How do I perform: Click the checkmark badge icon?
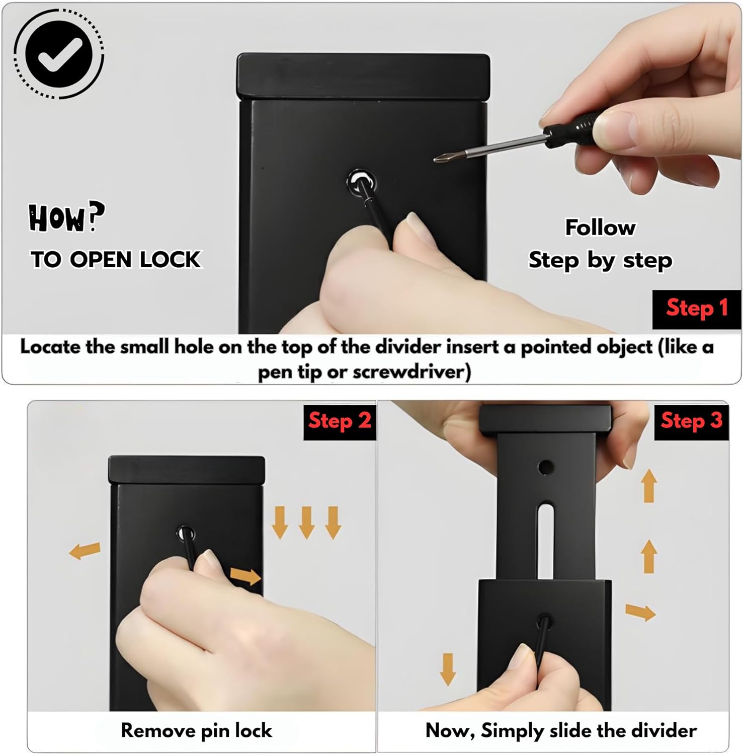(x=59, y=54)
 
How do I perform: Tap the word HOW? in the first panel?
(x=66, y=217)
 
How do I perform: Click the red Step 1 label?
(x=697, y=308)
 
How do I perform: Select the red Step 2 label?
(x=340, y=420)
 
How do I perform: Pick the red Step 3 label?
(x=691, y=420)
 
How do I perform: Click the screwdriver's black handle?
(x=571, y=129)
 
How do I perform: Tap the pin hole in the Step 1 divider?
(x=361, y=182)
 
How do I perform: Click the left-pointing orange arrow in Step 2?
(x=85, y=551)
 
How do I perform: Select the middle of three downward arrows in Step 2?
(x=306, y=523)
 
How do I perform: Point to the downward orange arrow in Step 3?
(x=448, y=669)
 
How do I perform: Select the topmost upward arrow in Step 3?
(x=649, y=486)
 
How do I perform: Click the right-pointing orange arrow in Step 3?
(x=640, y=612)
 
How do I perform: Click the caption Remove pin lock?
(x=196, y=730)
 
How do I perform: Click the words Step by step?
(x=600, y=261)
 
